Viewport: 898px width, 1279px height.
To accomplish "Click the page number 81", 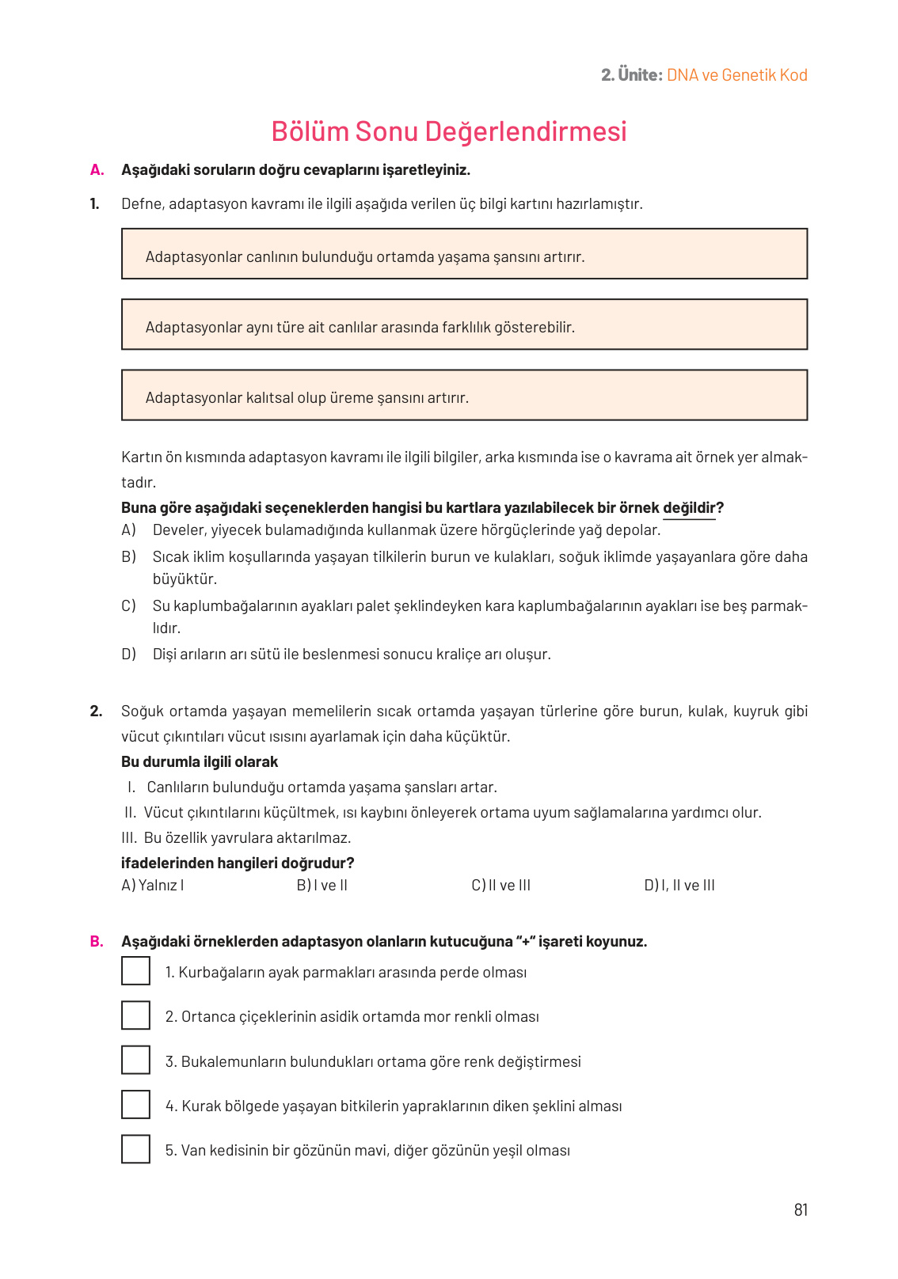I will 801,1209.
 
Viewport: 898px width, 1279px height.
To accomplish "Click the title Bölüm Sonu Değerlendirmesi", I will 448,131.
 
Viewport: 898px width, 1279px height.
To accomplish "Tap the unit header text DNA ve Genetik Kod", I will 736,75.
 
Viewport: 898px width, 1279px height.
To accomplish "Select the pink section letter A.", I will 97,169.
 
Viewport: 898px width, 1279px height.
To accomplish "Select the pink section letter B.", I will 97,941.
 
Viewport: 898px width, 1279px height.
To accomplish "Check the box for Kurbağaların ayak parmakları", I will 135,971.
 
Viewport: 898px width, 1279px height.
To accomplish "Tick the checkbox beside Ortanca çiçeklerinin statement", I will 135,1015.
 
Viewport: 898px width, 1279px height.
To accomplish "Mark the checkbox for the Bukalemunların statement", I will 135,1060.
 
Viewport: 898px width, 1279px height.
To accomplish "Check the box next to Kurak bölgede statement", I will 135,1104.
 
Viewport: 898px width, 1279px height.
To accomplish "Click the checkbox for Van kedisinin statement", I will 135,1149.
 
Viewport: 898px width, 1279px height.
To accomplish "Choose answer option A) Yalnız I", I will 153,885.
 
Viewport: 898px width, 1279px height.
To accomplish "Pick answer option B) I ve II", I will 322,885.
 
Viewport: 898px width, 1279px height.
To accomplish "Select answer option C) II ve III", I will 500,885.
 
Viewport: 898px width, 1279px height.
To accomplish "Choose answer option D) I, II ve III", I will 679,885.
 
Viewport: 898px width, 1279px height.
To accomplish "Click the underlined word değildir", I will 689,508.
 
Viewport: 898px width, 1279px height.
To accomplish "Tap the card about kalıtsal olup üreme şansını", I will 464,395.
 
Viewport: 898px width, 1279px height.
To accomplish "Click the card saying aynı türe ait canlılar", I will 464,324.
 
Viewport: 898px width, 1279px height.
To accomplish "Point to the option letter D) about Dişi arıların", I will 128,654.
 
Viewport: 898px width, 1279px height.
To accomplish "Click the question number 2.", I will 96,711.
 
